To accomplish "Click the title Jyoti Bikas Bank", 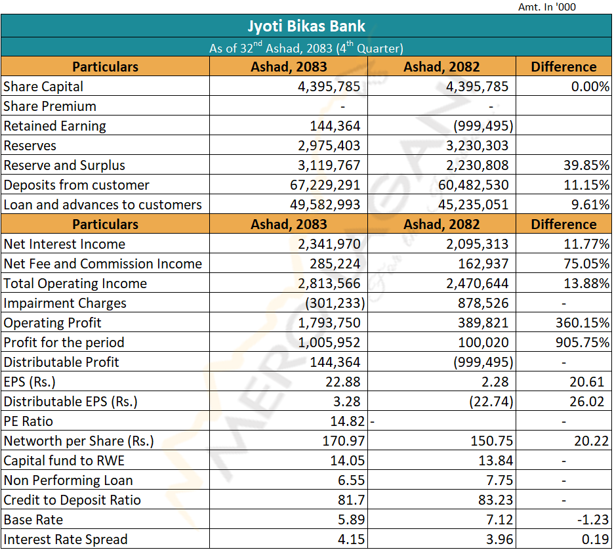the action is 306,26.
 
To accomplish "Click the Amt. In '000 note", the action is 547,7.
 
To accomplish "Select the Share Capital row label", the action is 43,87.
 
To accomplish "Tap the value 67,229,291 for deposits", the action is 325,185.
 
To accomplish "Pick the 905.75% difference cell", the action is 583,343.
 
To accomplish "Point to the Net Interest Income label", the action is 64,244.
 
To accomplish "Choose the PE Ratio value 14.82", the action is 348,421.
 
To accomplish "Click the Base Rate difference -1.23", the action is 593,519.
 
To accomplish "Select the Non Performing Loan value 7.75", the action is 500,480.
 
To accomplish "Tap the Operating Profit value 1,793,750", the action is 329,323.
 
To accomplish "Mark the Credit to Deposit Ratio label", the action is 72,500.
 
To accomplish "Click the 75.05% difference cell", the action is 586,264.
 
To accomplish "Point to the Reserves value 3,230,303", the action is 478,146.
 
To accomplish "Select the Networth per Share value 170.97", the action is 344,440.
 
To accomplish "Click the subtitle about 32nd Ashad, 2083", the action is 306,47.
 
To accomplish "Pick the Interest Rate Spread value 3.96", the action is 500,539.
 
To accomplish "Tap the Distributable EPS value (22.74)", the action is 491,402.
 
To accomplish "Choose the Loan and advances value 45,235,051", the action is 474,205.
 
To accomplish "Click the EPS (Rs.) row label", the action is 30,382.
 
